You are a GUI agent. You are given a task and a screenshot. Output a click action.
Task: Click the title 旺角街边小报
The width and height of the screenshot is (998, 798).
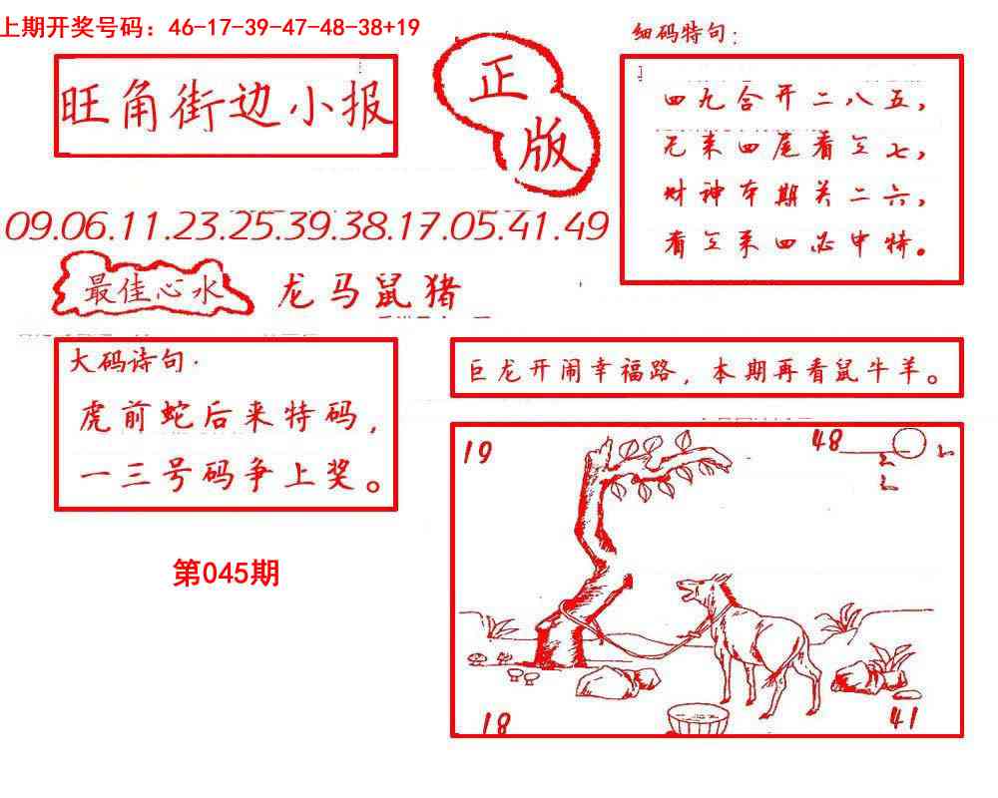(226, 105)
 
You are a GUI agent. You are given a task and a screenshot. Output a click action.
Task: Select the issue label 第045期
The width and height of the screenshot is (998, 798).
(226, 574)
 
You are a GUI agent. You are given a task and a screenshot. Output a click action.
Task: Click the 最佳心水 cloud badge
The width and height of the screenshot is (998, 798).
(150, 290)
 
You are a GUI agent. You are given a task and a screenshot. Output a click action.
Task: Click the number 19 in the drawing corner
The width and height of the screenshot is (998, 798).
(478, 454)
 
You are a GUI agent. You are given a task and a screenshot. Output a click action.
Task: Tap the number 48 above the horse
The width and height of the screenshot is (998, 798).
(827, 440)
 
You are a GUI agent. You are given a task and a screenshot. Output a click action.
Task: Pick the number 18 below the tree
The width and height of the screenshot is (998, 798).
(494, 722)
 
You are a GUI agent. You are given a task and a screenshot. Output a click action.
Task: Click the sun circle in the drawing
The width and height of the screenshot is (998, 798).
(908, 442)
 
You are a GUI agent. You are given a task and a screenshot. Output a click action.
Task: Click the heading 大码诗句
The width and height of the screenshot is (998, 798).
(128, 362)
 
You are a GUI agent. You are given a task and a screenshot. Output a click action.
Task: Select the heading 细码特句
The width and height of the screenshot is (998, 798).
(685, 36)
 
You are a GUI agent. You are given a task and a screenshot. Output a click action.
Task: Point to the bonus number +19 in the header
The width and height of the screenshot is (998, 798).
(400, 28)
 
